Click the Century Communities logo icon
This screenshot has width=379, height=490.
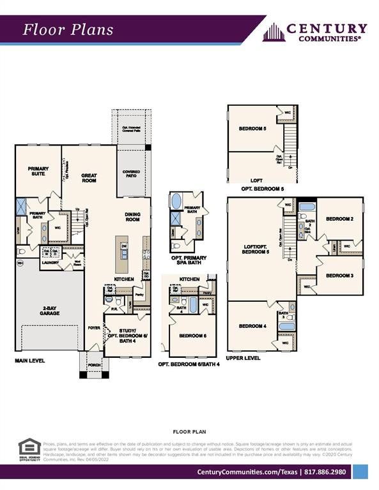tap(274, 32)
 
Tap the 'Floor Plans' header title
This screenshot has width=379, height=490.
tap(68, 29)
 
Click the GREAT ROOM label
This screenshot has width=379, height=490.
tap(89, 178)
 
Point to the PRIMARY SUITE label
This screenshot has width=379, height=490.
tap(38, 171)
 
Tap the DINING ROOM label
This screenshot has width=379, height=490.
tap(132, 217)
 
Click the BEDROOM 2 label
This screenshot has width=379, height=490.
tap(339, 219)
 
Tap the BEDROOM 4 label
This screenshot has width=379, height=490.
tap(252, 326)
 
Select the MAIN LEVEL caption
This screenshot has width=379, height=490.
tap(30, 360)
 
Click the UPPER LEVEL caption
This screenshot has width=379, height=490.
tap(243, 358)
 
